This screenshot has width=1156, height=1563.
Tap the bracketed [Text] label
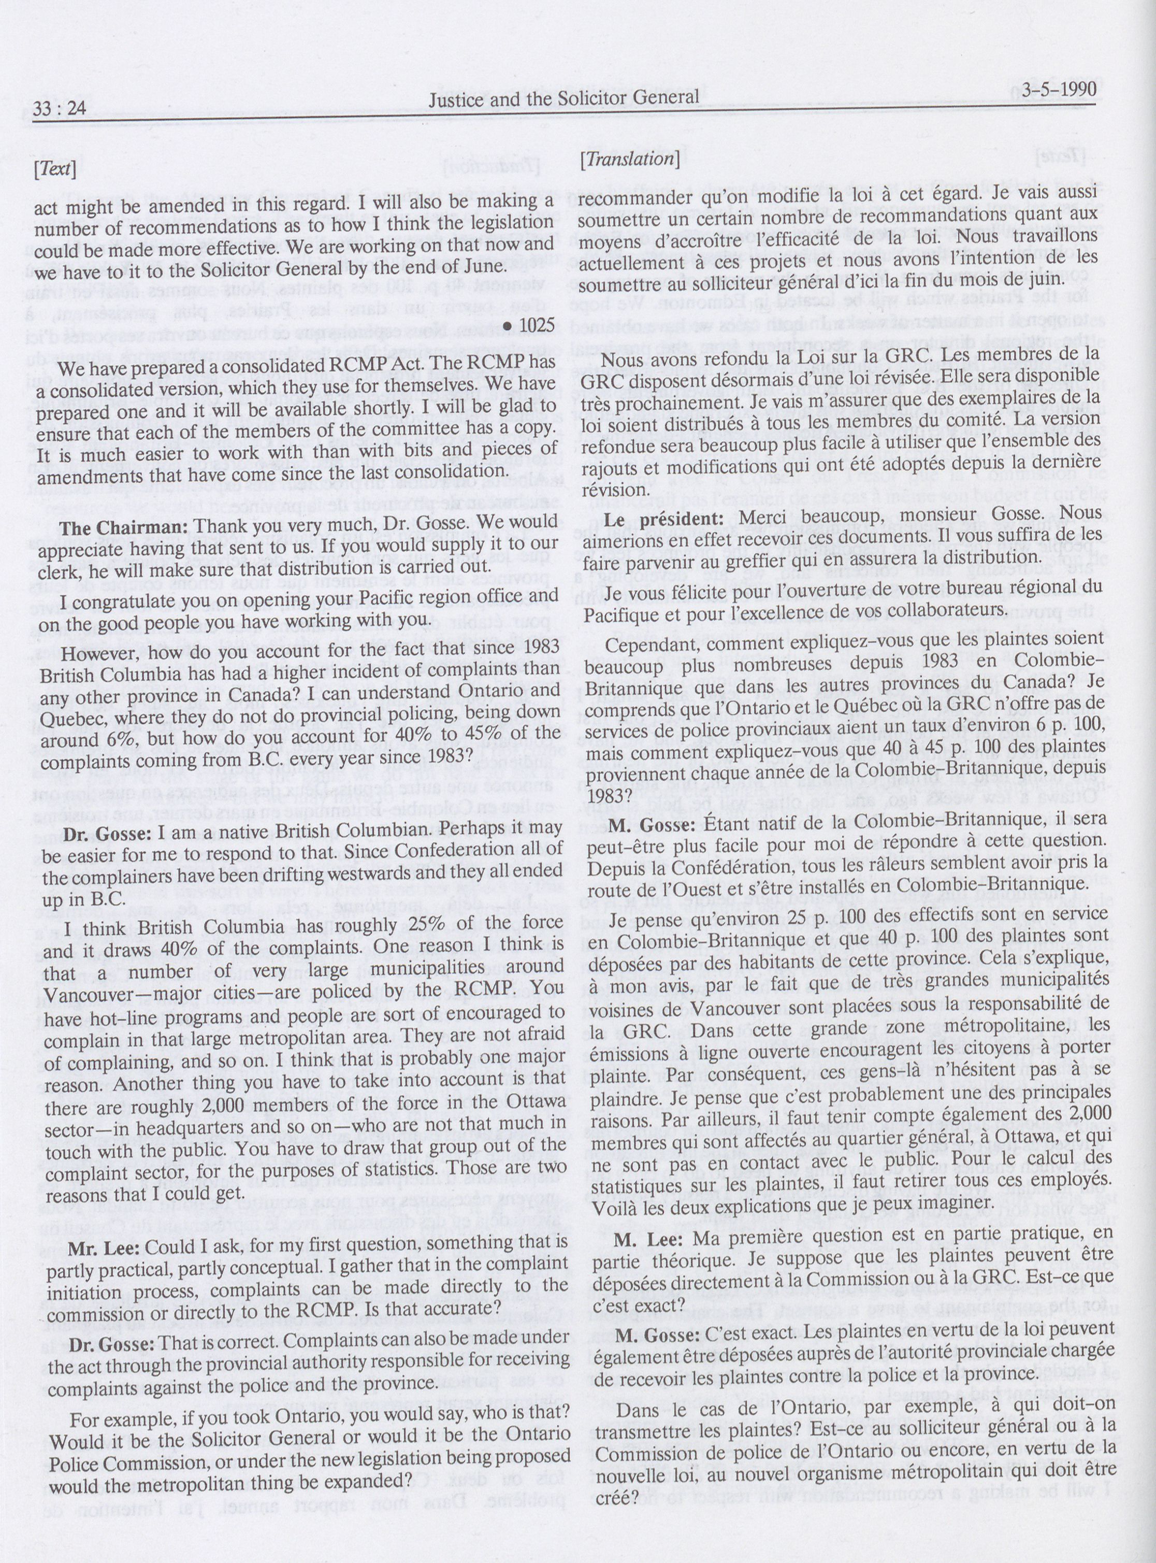coord(57,170)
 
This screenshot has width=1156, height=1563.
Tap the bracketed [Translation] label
coord(629,160)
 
